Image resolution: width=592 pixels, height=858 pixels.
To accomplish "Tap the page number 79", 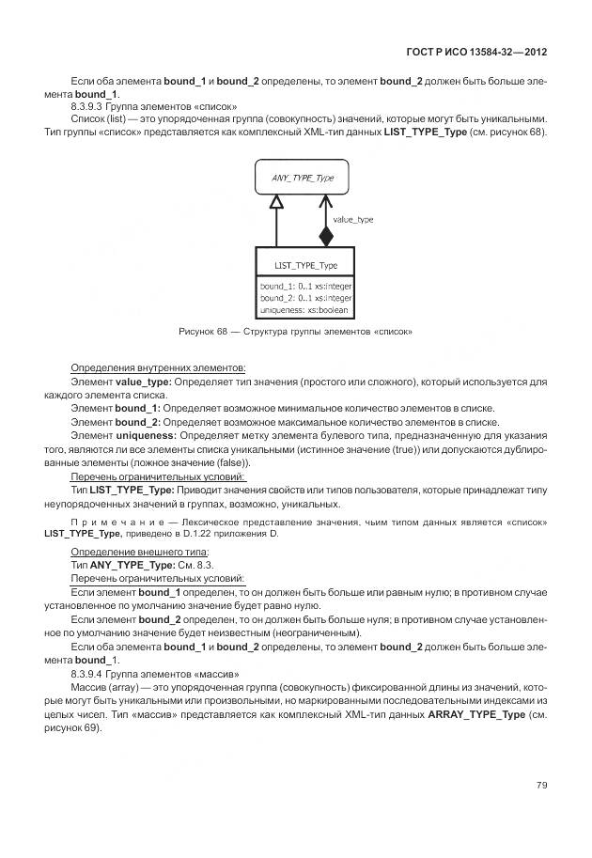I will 541,785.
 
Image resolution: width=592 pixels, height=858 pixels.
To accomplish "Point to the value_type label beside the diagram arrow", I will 353,219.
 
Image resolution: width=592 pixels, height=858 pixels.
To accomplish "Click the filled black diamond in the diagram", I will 326,235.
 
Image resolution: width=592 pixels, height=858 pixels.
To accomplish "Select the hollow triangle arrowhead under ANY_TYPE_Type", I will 275,202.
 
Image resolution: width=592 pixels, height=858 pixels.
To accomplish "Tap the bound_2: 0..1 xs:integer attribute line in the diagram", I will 305,297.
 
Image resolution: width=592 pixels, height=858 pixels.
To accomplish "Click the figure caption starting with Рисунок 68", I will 295,332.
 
